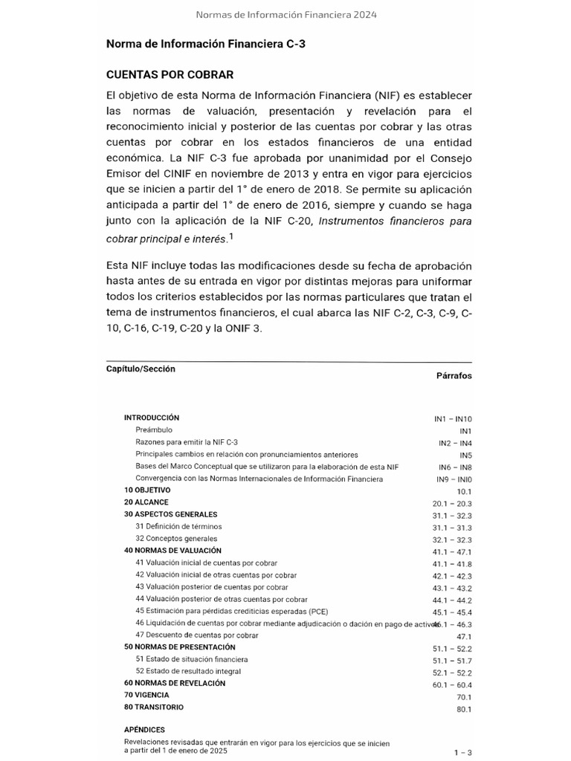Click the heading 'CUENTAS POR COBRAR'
tap(170, 74)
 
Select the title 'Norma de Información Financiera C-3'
tap(206, 45)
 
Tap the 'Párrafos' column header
tap(454, 376)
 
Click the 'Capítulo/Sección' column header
tap(141, 369)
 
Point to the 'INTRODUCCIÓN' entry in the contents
tap(152, 418)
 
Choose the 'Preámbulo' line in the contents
tap(154, 430)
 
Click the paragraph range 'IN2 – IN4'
tap(455, 443)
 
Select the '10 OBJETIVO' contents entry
tap(147, 490)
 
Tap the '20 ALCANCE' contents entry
tap(146, 502)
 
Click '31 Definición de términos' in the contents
tap(178, 526)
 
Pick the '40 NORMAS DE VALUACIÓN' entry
tap(172, 551)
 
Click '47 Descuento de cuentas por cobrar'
tap(197, 635)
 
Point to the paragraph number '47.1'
tap(464, 637)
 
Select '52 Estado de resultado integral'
tap(188, 671)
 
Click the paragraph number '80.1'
tap(464, 709)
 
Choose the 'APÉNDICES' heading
tap(144, 730)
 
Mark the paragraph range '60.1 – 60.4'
tap(452, 684)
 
